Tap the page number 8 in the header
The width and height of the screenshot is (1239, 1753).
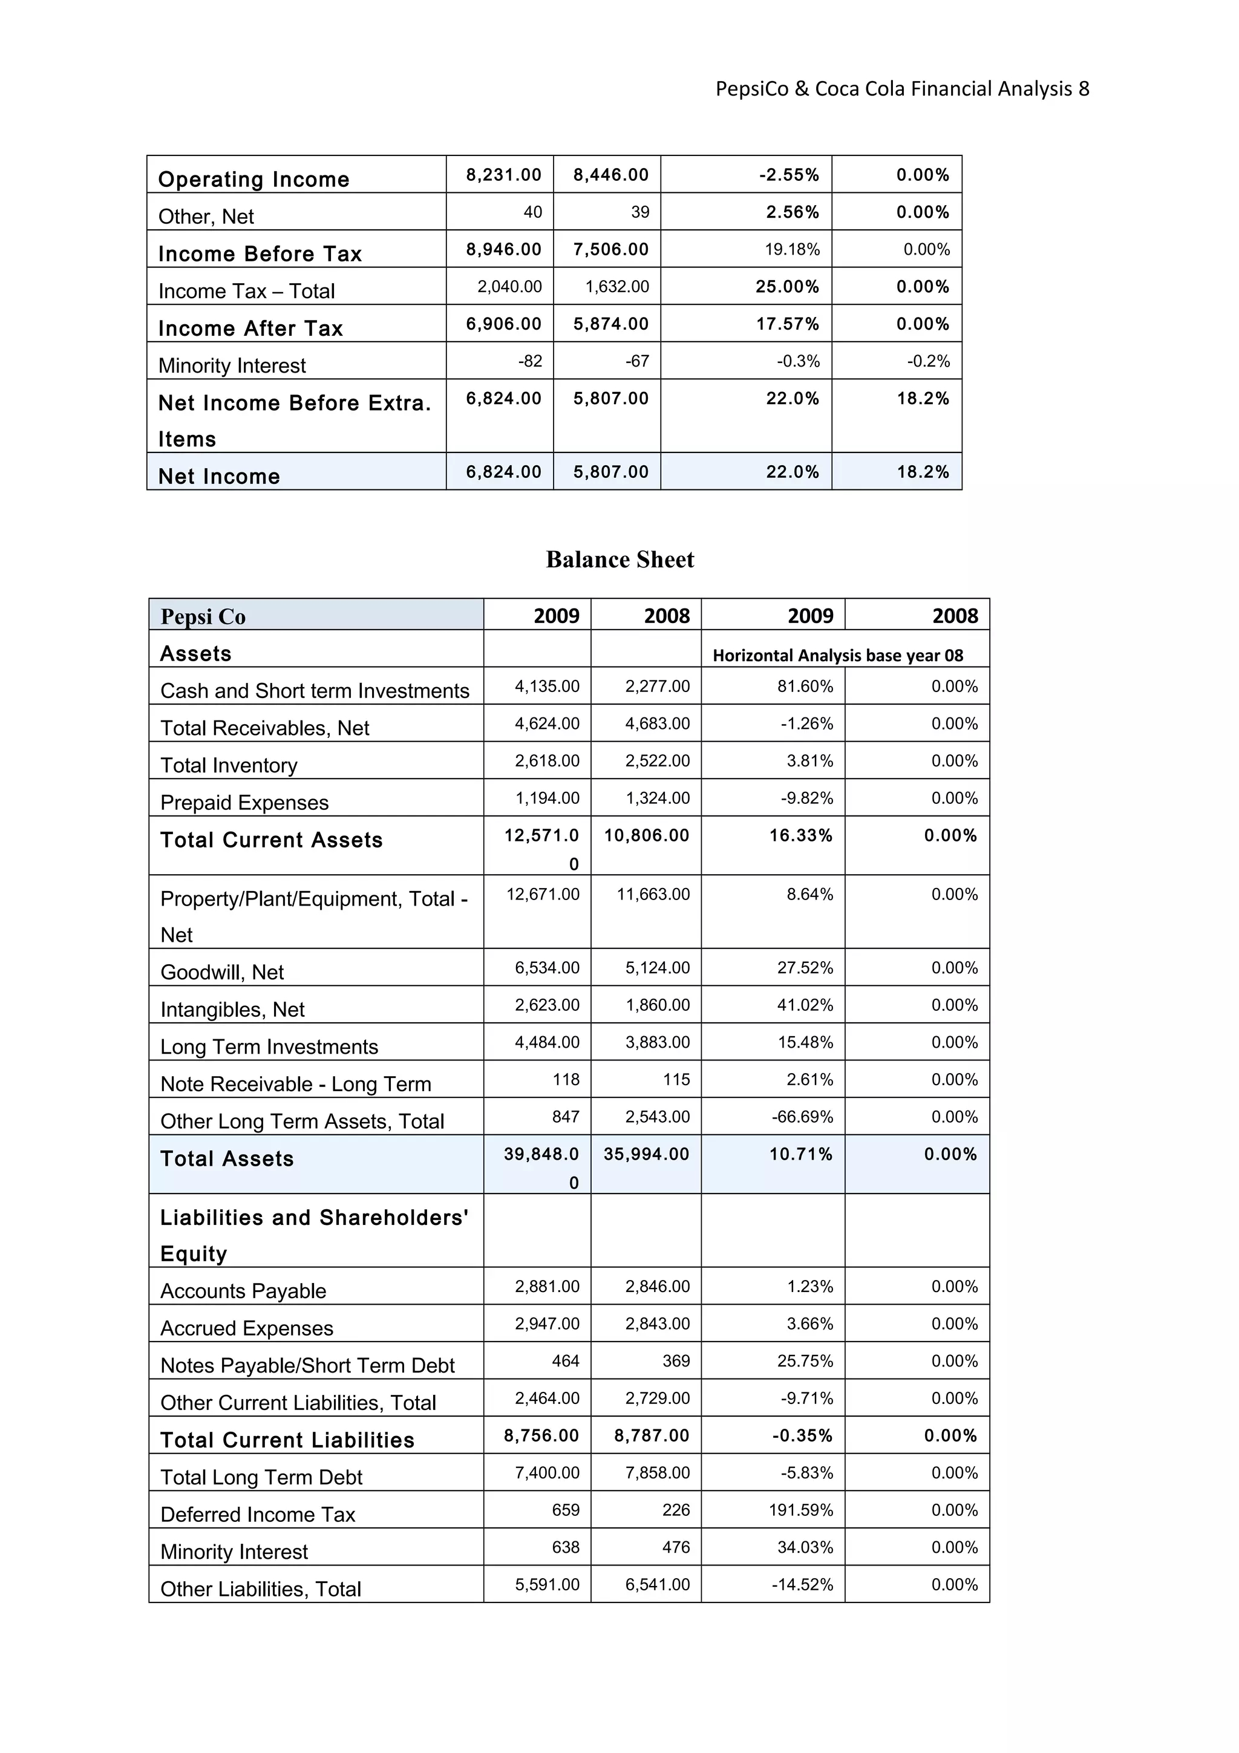coord(1084,90)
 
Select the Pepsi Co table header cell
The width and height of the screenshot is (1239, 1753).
coord(203,616)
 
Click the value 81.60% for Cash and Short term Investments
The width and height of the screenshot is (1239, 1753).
coord(805,687)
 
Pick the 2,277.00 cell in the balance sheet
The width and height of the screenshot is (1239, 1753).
coord(656,687)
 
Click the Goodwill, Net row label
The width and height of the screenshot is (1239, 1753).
coord(221,972)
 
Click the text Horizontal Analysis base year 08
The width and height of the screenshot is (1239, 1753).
coord(837,655)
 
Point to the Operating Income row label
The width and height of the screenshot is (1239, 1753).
coord(253,180)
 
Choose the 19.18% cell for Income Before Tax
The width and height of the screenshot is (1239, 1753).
coord(792,250)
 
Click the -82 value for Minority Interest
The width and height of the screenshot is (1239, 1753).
coord(530,361)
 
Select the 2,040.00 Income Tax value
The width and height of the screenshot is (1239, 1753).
coord(509,287)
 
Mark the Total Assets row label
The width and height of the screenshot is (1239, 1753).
coord(227,1159)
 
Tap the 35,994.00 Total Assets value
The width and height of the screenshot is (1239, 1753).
coord(646,1154)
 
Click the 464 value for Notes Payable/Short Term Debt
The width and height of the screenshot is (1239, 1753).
coord(565,1360)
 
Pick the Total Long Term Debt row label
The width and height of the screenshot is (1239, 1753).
coord(261,1477)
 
